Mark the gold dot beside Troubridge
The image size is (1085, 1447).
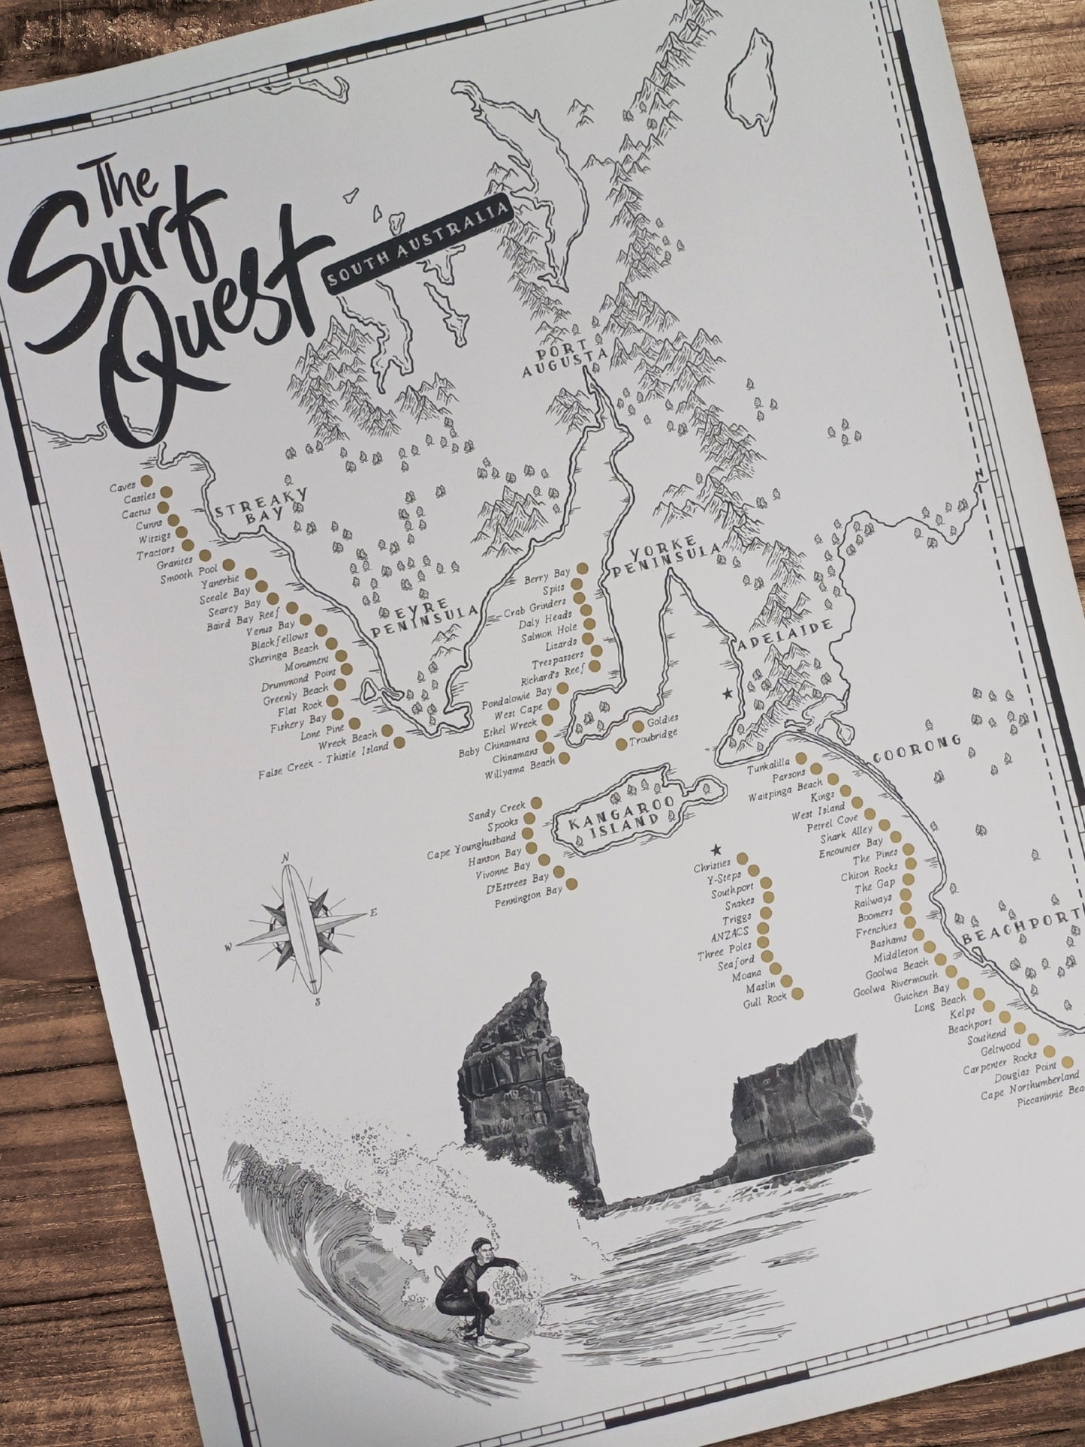[622, 745]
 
